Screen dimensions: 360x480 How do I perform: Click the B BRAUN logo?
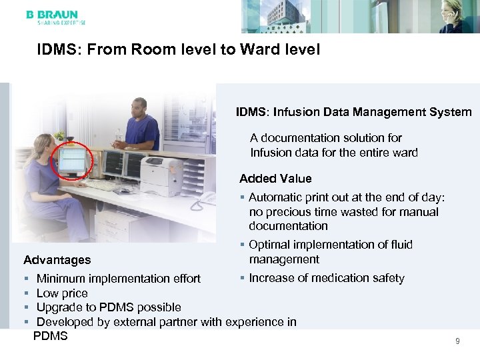(x=52, y=15)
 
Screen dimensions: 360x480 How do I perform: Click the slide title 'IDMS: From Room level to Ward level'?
(x=179, y=50)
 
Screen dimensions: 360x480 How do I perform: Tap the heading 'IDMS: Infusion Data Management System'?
(x=353, y=112)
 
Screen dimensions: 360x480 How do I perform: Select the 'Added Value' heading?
(x=275, y=178)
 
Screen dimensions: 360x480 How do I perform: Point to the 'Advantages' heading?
(x=57, y=259)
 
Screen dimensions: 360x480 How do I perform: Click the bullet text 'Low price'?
(x=62, y=293)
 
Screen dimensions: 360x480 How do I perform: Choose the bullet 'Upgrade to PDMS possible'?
(x=109, y=307)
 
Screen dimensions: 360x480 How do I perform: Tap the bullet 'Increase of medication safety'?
(x=327, y=278)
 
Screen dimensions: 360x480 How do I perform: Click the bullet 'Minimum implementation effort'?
(x=119, y=278)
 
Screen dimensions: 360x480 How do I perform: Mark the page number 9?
(x=457, y=341)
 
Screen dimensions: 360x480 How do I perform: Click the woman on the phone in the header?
(x=457, y=17)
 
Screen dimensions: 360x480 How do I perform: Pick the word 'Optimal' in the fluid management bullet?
(x=269, y=245)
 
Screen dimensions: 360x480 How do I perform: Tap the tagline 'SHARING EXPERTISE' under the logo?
(x=57, y=23)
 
